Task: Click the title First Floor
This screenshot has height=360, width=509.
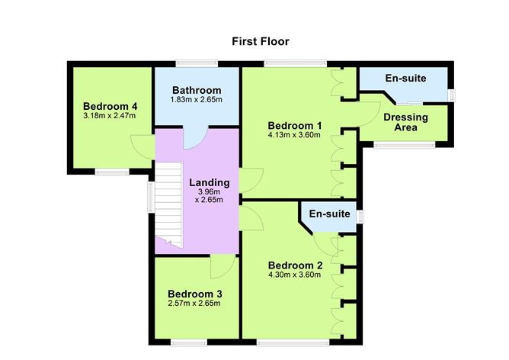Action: (x=261, y=41)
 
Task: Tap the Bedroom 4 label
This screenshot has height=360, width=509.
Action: (x=110, y=105)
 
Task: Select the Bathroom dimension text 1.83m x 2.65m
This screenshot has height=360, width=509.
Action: (x=197, y=100)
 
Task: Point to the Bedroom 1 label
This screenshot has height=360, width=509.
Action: (x=295, y=125)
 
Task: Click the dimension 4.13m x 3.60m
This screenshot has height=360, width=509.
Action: (x=295, y=135)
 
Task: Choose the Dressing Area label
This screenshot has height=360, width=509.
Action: (x=405, y=122)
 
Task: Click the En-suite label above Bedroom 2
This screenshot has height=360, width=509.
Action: (x=330, y=215)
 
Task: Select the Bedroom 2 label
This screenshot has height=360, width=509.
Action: (x=295, y=265)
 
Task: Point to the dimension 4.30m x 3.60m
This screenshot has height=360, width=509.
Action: (x=295, y=275)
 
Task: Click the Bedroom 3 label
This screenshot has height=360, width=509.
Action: (x=195, y=294)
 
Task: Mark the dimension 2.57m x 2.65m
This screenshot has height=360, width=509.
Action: (x=195, y=304)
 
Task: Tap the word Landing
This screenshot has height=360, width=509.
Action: (x=209, y=182)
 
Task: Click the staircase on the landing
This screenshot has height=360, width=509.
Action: (x=168, y=206)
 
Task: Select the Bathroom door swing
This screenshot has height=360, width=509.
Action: (x=196, y=137)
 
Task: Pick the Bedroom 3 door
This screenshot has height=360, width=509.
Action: (x=222, y=267)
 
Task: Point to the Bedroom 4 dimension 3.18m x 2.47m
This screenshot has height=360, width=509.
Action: (x=110, y=116)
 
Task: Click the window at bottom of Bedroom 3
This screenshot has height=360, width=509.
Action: (x=188, y=342)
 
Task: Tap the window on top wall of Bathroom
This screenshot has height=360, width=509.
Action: (x=197, y=63)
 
